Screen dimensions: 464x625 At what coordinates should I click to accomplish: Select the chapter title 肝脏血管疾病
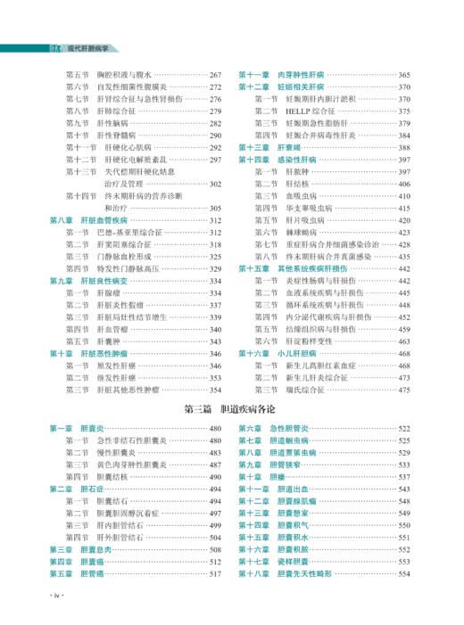point(104,219)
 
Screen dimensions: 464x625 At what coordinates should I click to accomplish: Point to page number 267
point(216,75)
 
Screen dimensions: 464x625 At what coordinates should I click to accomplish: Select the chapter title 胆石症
point(90,489)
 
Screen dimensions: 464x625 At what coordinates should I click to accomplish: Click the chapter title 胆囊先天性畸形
point(303,574)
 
